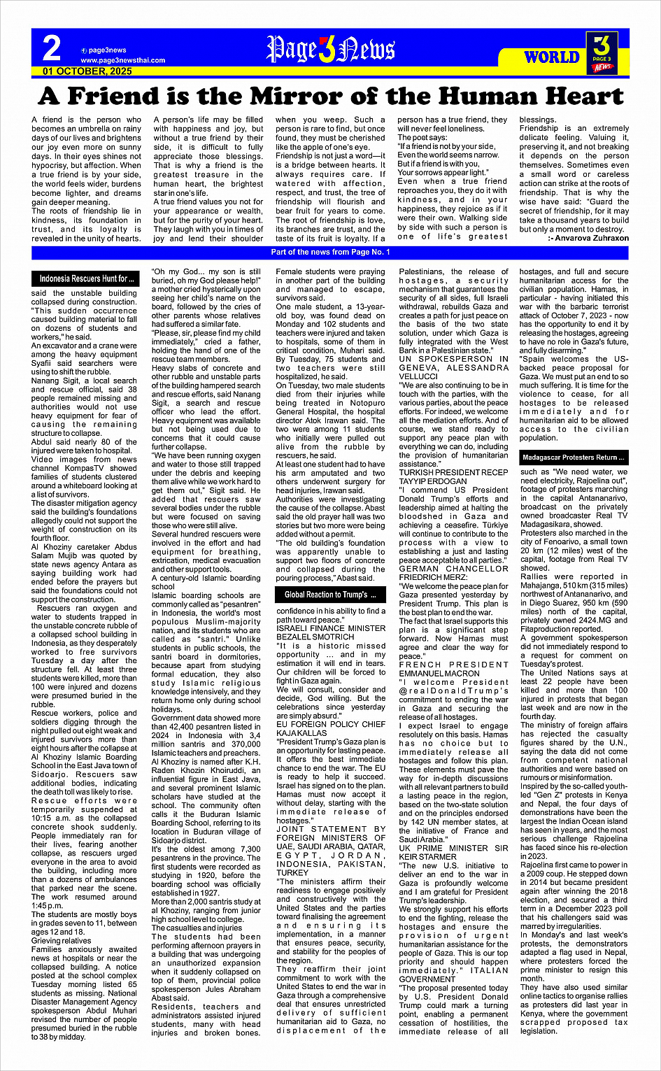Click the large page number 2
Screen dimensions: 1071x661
52,49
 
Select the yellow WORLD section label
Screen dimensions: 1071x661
552,57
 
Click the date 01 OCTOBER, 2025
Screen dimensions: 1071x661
87,71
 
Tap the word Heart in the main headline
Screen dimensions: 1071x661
574,96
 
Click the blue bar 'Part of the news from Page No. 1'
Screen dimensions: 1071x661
330,252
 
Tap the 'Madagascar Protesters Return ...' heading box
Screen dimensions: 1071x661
573,458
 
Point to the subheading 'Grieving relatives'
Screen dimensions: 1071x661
62,941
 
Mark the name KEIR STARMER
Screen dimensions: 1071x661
427,856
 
